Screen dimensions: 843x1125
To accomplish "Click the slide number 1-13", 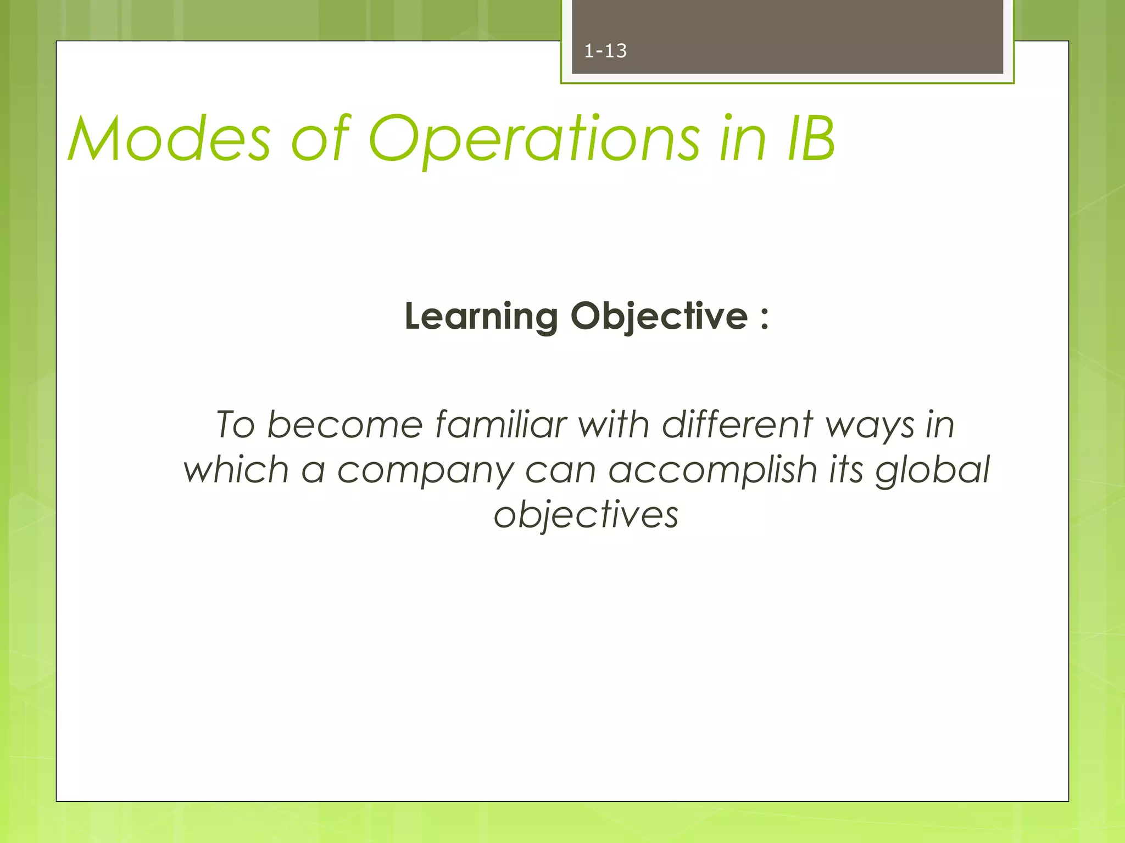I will [605, 51].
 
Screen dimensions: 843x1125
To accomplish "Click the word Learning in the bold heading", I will [481, 317].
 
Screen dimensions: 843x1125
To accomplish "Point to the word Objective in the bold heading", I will [659, 317].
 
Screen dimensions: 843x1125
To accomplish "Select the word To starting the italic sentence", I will [235, 425].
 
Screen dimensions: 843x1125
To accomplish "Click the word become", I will [345, 425].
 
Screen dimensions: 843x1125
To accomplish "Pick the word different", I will [737, 425].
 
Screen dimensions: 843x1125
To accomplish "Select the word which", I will [236, 470].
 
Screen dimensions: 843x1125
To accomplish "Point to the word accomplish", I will [712, 471].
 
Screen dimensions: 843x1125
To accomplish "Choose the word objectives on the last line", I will [586, 516].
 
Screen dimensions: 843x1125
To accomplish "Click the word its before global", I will [846, 470].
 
